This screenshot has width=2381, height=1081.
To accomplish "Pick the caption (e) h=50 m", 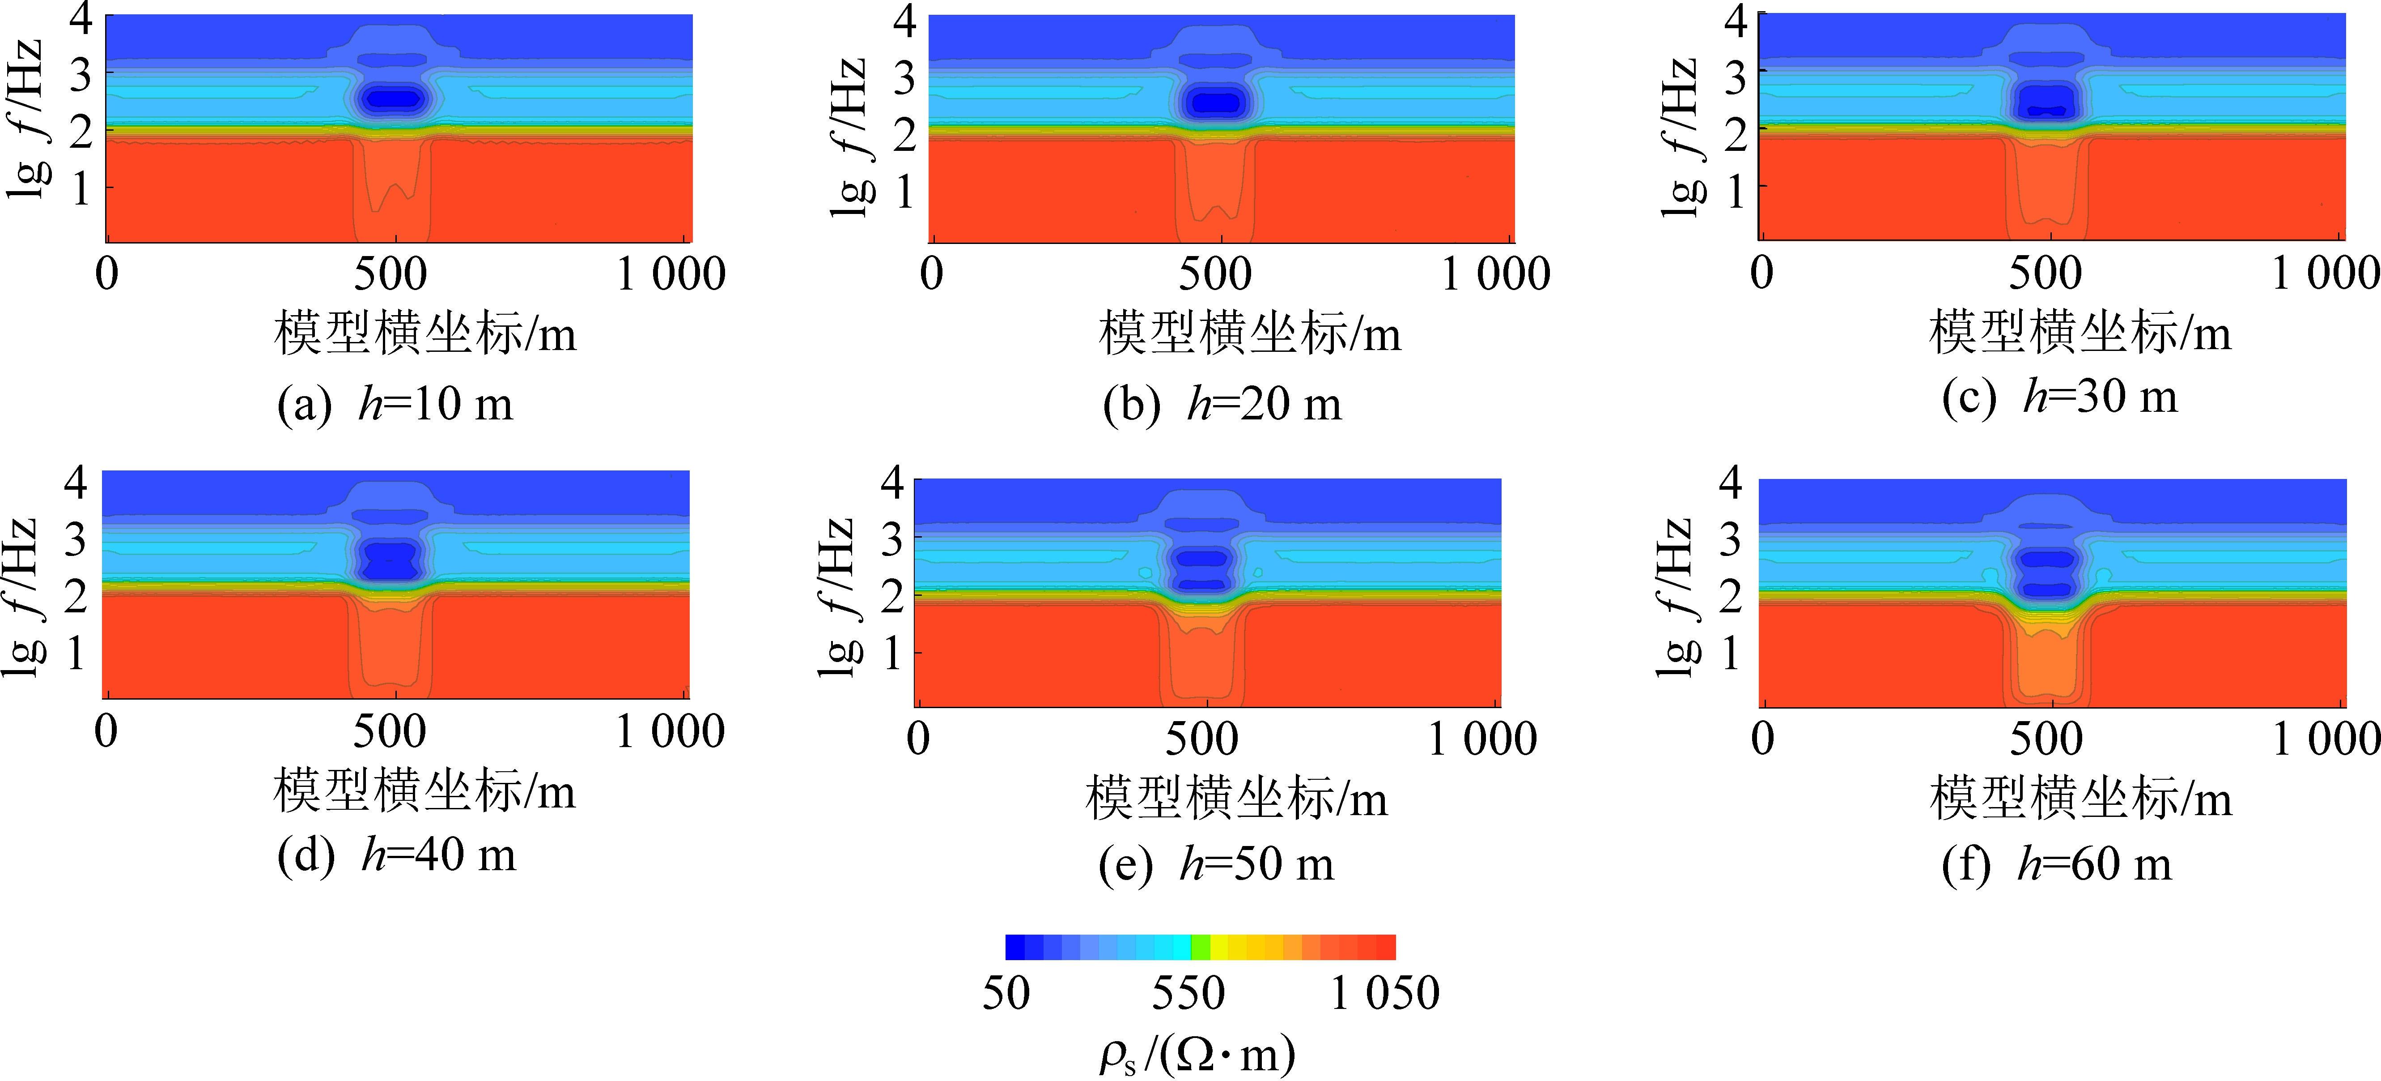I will (x=1216, y=864).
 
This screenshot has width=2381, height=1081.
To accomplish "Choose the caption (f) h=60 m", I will (x=2057, y=864).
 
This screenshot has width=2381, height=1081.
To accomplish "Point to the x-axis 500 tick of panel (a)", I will (x=390, y=273).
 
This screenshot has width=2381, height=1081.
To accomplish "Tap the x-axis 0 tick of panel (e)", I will (x=918, y=738).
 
